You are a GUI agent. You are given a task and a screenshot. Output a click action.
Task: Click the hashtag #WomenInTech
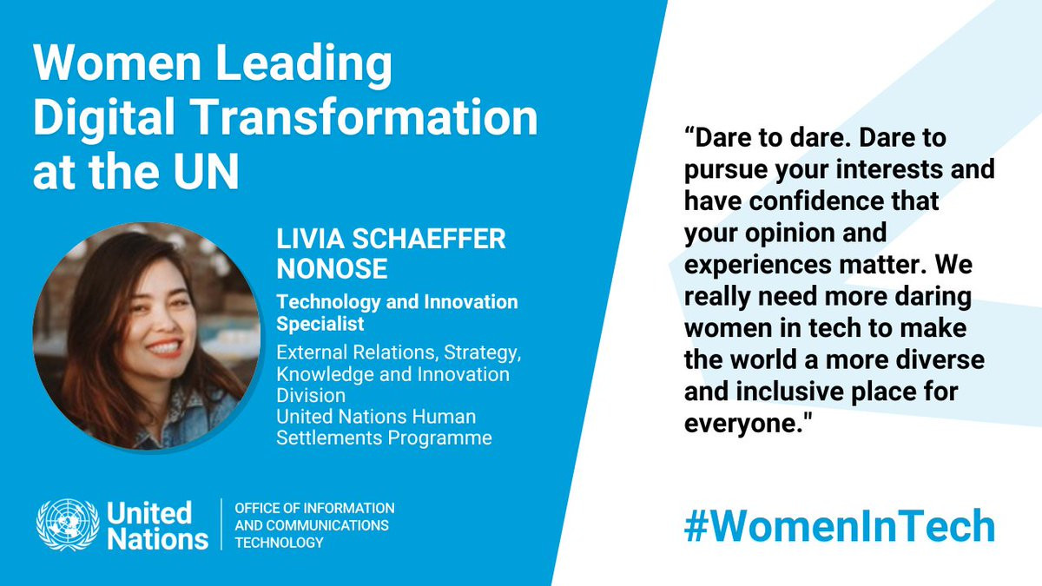click(839, 526)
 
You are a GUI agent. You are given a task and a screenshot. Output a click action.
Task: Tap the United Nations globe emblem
click(68, 524)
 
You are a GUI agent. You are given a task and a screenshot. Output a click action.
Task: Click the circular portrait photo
click(147, 336)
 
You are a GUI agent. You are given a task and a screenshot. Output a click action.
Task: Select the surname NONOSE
click(332, 269)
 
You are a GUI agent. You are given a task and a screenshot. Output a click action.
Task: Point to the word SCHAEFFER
click(428, 239)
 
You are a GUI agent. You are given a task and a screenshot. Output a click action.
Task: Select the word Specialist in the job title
click(320, 324)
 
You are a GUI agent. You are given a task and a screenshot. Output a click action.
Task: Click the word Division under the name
click(311, 396)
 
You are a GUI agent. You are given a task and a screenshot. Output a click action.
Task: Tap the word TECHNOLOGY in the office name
click(279, 543)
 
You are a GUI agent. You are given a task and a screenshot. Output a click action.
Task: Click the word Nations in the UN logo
click(158, 539)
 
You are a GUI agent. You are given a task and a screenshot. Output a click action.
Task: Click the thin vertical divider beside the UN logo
click(221, 524)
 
